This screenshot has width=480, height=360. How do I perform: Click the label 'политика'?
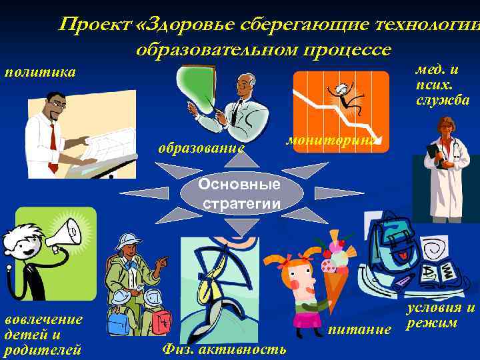40,72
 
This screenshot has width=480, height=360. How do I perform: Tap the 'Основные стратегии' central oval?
241,193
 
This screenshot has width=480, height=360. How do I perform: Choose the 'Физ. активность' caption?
224,349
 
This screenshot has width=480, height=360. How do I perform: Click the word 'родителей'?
43,349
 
